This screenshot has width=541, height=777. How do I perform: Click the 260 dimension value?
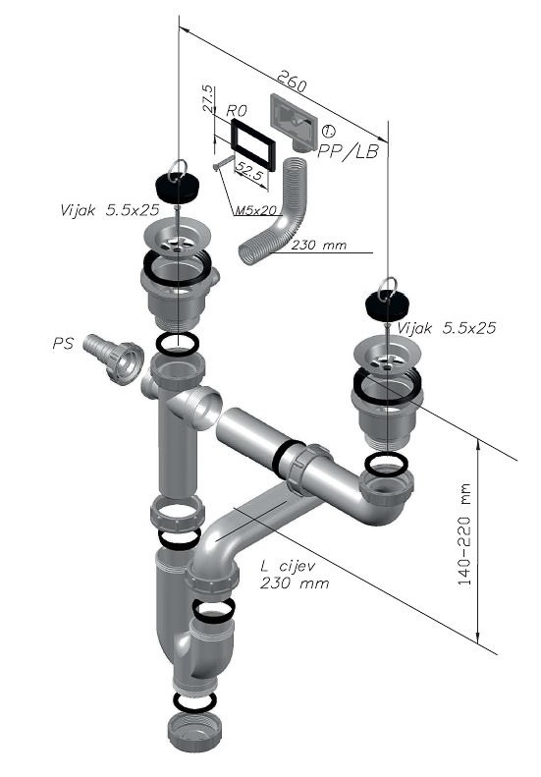coord(292,82)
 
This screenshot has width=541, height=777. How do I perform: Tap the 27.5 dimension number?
coord(208,98)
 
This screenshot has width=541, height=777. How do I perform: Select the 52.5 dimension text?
coord(249,173)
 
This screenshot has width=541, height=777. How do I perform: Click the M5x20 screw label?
coord(255,210)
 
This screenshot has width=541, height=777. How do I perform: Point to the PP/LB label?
coord(348,151)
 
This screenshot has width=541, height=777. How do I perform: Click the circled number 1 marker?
coord(328,132)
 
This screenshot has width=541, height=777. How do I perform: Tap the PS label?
coord(63,343)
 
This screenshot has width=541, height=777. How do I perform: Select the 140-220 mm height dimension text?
coord(464,534)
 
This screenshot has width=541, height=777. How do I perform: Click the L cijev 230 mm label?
coord(295,575)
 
